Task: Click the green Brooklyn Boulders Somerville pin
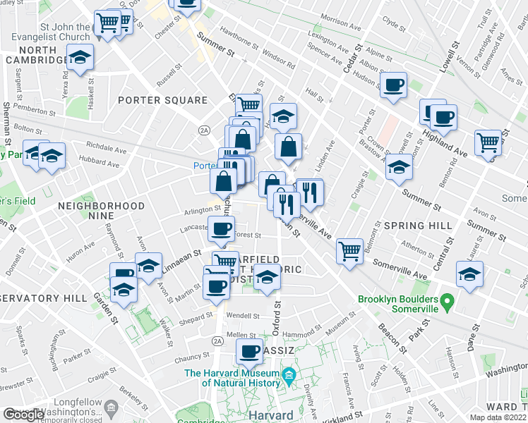pos(446,304)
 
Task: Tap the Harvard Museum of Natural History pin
pos(288,378)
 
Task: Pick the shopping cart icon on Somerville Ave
pos(349,250)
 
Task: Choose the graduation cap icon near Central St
pos(469,275)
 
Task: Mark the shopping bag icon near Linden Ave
pos(288,147)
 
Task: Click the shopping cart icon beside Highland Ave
pos(488,142)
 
